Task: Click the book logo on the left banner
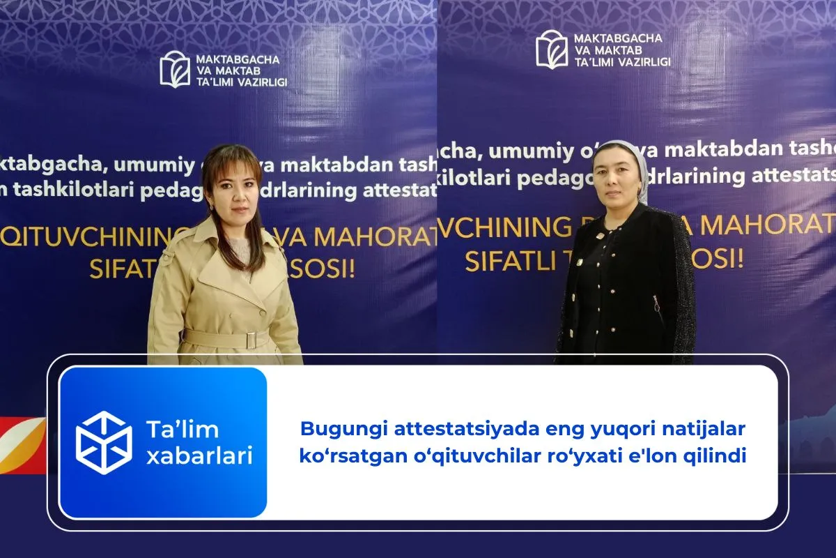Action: (175, 69)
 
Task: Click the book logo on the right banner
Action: (552, 50)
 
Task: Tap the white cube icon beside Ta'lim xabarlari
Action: (104, 443)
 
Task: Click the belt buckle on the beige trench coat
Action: (251, 340)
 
